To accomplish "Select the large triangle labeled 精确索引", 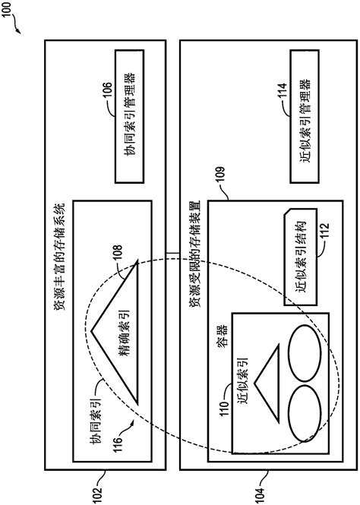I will (x=117, y=331).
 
